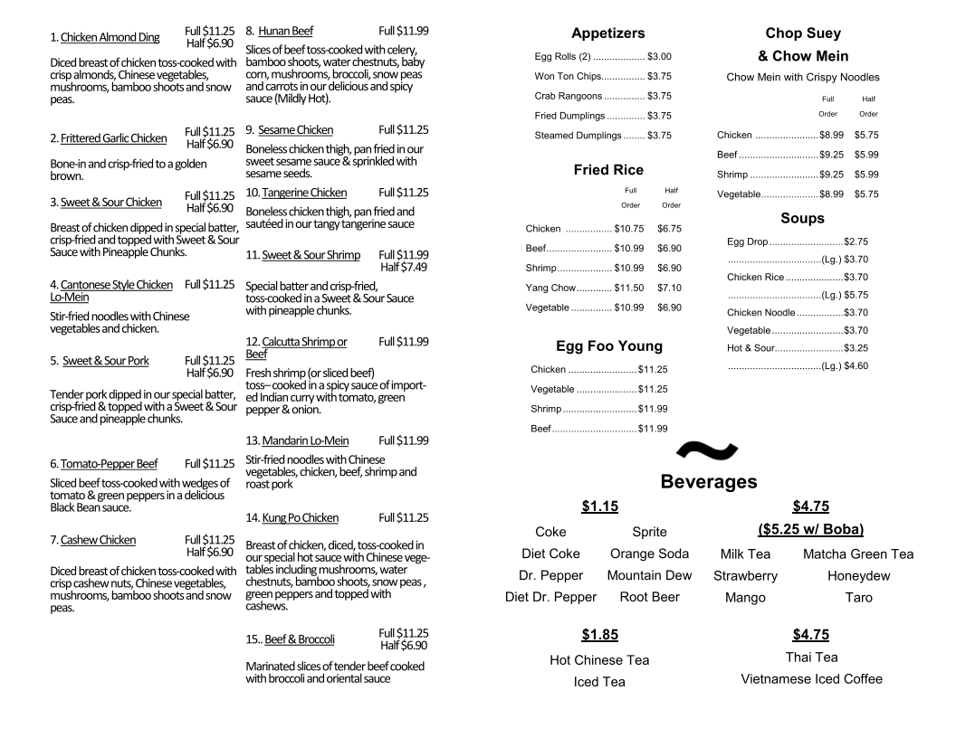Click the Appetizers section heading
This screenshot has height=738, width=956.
pyautogui.click(x=607, y=33)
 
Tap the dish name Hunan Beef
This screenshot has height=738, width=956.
pyautogui.click(x=285, y=31)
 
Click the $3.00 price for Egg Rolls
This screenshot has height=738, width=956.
pyautogui.click(x=659, y=56)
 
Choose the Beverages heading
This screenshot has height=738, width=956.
pyautogui.click(x=709, y=481)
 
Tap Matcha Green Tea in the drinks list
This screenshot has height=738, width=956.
pyautogui.click(x=857, y=554)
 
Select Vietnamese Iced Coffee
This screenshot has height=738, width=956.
pyautogui.click(x=811, y=679)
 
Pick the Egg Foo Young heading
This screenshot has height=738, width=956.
pyautogui.click(x=608, y=346)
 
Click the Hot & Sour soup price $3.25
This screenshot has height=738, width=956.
pyautogui.click(x=856, y=348)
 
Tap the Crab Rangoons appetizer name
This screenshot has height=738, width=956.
pyautogui.click(x=569, y=96)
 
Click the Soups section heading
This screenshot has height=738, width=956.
pyautogui.click(x=802, y=219)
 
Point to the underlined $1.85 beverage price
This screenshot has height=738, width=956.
pyautogui.click(x=599, y=635)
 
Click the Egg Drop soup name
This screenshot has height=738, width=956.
pyautogui.click(x=747, y=242)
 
